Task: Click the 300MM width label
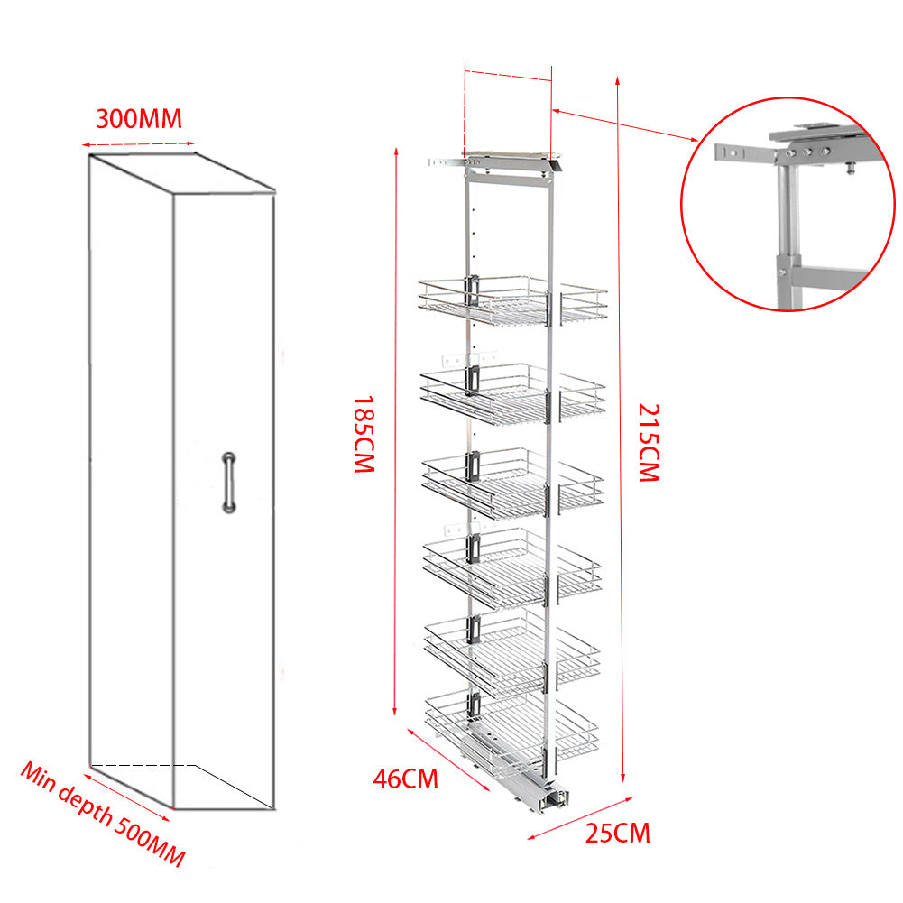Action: [139, 118]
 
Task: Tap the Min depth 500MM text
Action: [103, 815]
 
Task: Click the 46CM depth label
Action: [406, 778]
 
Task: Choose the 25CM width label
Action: [617, 833]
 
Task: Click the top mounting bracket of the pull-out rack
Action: [496, 162]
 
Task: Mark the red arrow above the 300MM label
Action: [138, 143]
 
